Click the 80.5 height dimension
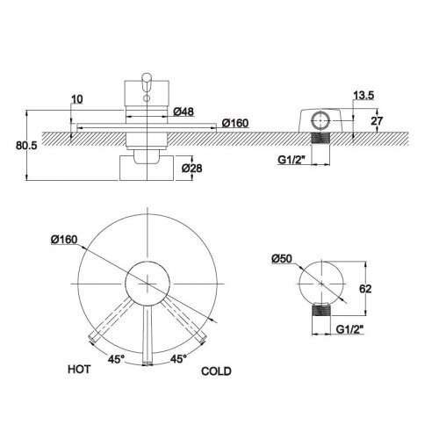point(26,146)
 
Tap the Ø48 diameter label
point(184,112)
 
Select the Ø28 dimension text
point(191,169)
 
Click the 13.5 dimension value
point(363,96)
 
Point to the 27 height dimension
point(377,120)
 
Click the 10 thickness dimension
point(77,99)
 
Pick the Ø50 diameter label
point(282,259)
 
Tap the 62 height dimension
point(365,289)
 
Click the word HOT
point(79,369)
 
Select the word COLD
point(216,371)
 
